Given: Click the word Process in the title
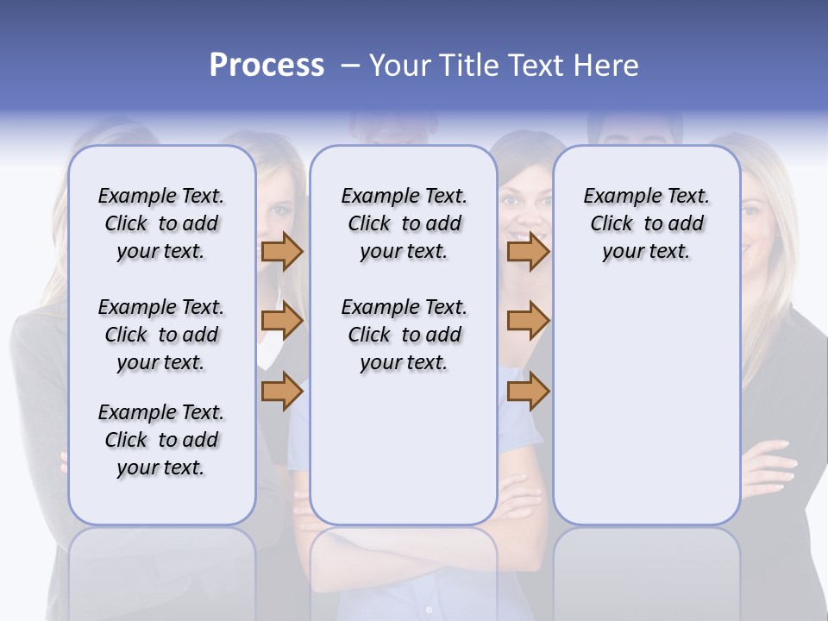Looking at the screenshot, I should [267, 66].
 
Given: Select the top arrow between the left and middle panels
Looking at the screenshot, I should [282, 251].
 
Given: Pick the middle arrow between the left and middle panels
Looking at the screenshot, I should [282, 321].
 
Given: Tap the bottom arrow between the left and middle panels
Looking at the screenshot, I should [282, 391].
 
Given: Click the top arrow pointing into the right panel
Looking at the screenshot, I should [528, 251].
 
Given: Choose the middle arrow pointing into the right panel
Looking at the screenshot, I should [528, 321].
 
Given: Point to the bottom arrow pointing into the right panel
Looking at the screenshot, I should [528, 391].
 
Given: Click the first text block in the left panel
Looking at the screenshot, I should [161, 223].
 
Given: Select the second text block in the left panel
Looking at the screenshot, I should [161, 335].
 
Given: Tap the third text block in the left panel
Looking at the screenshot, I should [161, 440].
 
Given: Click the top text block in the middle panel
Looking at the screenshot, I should [404, 223].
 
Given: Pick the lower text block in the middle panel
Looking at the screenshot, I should [404, 335].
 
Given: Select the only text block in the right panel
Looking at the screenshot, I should [646, 223].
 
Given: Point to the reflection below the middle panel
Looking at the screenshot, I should [404, 569].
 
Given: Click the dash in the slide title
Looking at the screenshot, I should [350, 66].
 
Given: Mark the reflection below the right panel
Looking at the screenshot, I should [646, 569].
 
